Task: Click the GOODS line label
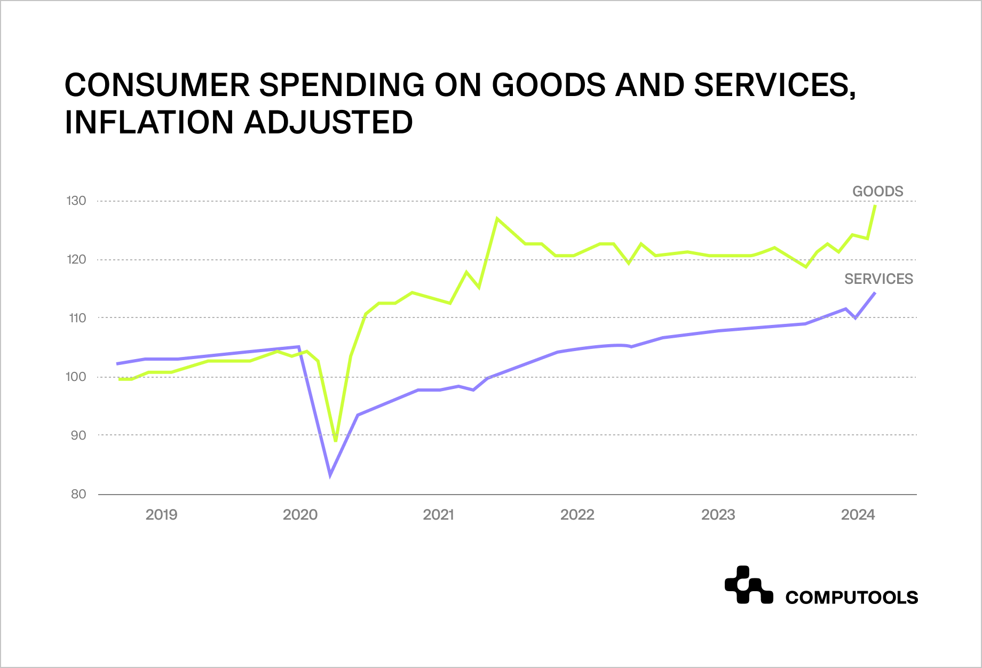pos(877,191)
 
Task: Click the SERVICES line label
pos(878,279)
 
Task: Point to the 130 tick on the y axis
pos(76,201)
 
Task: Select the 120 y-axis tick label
pos(76,259)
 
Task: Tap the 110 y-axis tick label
pos(77,318)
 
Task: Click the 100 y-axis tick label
pos(76,377)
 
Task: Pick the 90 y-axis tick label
pos(78,435)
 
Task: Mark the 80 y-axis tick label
pos(78,494)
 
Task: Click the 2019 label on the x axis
pos(161,514)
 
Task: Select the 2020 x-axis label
pos(300,514)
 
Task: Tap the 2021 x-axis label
pos(438,514)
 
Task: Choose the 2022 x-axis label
pos(577,514)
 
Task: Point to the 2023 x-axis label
pos(718,514)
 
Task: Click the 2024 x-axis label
pos(858,514)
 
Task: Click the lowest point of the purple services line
pos(330,474)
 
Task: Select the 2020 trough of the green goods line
pos(336,440)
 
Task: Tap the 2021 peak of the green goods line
pos(497,218)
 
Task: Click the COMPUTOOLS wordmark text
pos(851,598)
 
